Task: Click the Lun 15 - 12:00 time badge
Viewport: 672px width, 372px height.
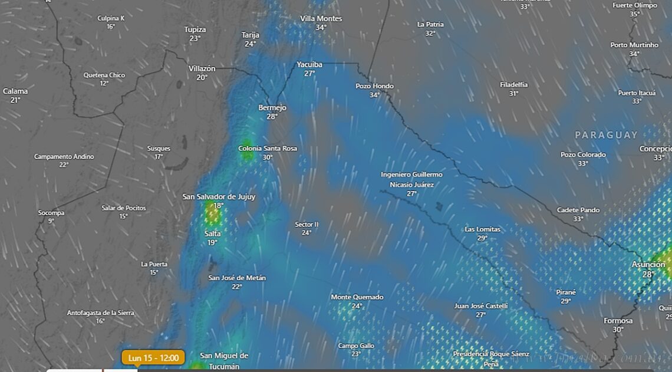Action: click(153, 357)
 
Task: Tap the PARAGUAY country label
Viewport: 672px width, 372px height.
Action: click(606, 135)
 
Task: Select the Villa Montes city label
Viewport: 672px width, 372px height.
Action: click(321, 19)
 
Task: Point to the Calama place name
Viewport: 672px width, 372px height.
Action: click(15, 91)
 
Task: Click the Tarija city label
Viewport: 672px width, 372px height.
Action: click(251, 35)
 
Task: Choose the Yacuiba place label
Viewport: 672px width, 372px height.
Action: click(309, 64)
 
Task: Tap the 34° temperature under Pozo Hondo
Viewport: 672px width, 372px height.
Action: click(374, 95)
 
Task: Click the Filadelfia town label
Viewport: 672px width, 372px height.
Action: click(513, 85)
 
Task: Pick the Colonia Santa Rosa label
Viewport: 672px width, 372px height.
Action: click(268, 149)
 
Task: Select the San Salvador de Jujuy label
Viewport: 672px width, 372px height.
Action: click(219, 196)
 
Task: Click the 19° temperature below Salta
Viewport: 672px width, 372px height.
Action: click(212, 242)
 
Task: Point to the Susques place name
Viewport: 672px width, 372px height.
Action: click(159, 149)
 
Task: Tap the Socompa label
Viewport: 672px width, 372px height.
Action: click(51, 213)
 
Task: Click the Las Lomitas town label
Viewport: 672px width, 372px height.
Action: click(482, 229)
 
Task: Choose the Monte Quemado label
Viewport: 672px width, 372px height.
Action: click(357, 297)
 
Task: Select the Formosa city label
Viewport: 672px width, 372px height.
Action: click(618, 321)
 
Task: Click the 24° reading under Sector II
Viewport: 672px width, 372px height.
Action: click(307, 233)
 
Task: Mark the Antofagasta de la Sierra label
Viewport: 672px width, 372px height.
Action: click(100, 312)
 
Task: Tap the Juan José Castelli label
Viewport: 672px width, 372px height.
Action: click(480, 306)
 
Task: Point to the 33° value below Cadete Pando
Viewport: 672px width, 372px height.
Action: click(578, 219)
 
